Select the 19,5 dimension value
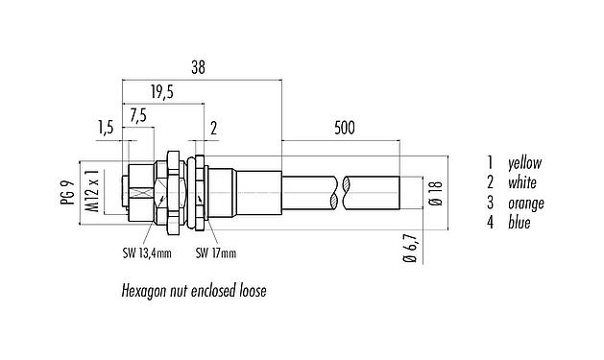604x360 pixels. point(163,92)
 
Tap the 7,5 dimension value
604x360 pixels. point(138,115)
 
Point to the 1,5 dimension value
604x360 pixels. point(107,127)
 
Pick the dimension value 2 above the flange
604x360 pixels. point(212,127)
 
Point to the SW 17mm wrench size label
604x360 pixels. point(215,254)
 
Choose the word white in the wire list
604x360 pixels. point(523,182)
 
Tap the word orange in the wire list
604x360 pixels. point(527,204)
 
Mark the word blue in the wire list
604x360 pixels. point(519,223)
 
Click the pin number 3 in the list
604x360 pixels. point(490,204)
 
